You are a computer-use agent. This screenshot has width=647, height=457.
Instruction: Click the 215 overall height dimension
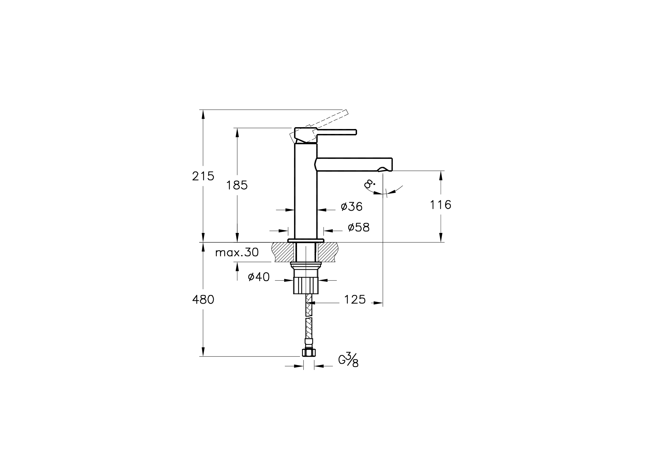[x=203, y=176]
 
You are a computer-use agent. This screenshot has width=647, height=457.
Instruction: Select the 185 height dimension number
[x=237, y=185]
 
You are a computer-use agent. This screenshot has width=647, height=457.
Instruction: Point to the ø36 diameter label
[x=351, y=207]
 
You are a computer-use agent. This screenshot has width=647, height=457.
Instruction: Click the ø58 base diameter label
[x=358, y=227]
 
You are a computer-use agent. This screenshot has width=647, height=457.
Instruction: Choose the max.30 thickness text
[x=237, y=253]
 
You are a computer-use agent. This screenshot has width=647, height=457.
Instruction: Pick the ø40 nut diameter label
[x=259, y=277]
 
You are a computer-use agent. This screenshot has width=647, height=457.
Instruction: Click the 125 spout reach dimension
[x=354, y=300]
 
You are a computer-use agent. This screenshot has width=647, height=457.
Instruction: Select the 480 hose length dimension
[x=203, y=300]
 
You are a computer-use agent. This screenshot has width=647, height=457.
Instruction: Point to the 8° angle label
[x=369, y=185]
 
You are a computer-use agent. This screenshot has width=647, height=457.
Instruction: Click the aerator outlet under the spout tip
[x=382, y=169]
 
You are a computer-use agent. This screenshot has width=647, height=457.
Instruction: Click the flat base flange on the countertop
[x=306, y=241]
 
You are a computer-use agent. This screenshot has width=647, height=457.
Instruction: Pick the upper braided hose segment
[x=309, y=305]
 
